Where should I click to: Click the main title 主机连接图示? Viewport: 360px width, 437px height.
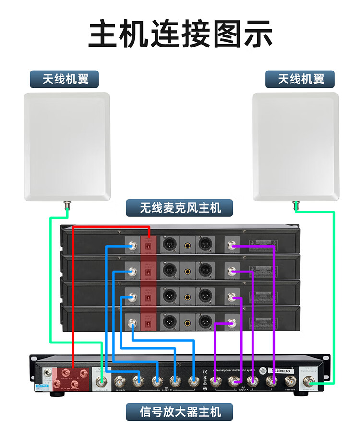coord(180,34)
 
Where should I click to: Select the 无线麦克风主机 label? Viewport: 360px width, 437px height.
coord(180,208)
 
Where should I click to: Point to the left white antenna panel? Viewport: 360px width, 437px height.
coord(67,146)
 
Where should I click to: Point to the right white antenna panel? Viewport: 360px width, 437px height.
coord(295,146)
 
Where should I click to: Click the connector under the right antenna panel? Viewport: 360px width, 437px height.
coord(296,206)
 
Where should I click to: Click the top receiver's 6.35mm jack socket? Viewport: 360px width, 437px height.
coord(187,245)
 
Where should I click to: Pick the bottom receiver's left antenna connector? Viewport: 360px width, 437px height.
coord(132,322)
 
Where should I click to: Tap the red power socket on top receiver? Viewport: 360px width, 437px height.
coord(148,246)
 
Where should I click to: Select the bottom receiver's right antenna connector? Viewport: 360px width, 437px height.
coord(232,322)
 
